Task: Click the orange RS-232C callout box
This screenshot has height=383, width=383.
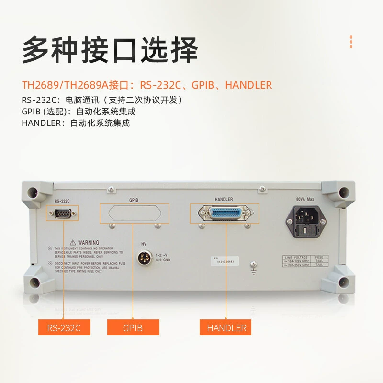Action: [x=64, y=328]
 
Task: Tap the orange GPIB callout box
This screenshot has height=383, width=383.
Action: [x=133, y=328]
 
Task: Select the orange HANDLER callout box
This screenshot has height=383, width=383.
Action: [x=226, y=328]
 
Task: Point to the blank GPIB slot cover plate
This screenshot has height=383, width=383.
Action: [x=135, y=213]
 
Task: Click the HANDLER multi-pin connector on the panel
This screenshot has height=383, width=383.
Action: [x=225, y=213]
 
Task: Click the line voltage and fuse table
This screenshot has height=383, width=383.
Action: [x=303, y=261]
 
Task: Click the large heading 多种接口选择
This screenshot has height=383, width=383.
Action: [x=110, y=51]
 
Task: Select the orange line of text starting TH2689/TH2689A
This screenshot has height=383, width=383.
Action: [x=147, y=85]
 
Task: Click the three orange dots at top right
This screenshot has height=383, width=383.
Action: [x=351, y=42]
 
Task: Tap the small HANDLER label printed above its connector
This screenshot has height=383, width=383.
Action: [x=224, y=199]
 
